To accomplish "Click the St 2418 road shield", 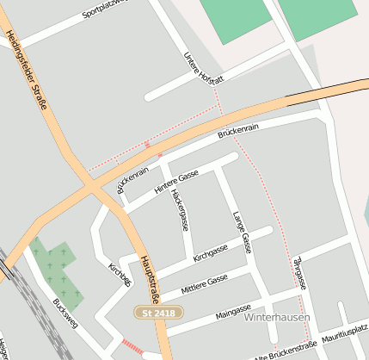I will [159, 313].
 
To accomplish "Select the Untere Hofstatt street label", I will [203, 67].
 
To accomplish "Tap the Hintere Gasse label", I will [176, 181].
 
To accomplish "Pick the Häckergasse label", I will [179, 210].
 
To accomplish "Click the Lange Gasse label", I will [241, 229].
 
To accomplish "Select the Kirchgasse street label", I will [211, 252].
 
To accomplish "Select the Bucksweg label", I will [64, 314].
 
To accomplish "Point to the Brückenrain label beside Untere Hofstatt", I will [238, 130].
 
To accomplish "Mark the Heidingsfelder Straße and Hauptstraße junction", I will [90, 183].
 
